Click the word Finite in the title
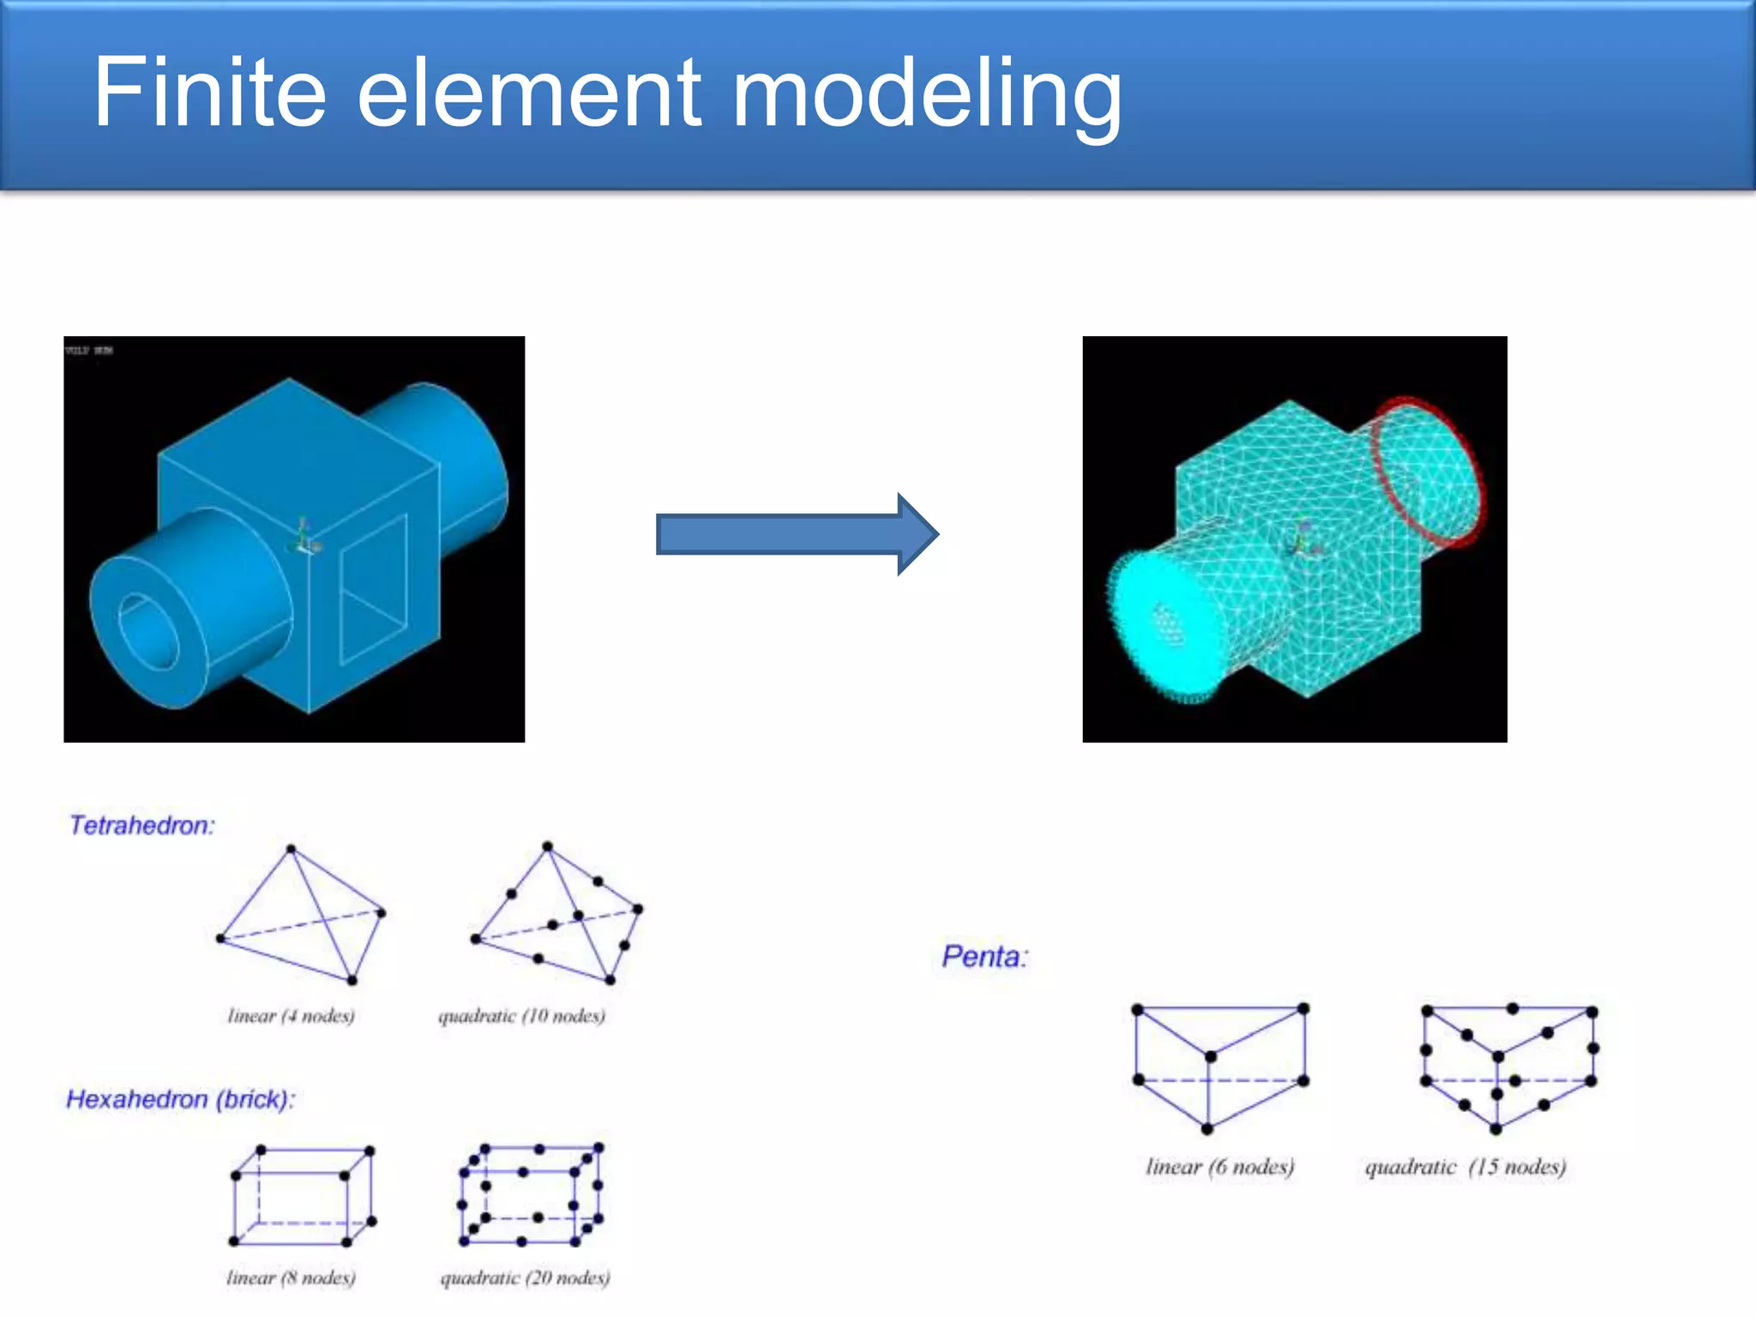[209, 92]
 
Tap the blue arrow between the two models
[797, 533]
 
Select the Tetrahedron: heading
[141, 825]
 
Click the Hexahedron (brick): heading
[180, 1099]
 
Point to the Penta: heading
[984, 956]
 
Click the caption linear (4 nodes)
[291, 1016]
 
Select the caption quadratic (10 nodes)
[521, 1016]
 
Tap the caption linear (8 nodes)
[291, 1278]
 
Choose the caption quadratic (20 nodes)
[525, 1278]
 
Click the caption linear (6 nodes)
[1220, 1167]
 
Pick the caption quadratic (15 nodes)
[1465, 1167]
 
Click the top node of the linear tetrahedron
[292, 849]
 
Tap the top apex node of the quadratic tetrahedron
[548, 846]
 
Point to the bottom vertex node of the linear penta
[1207, 1129]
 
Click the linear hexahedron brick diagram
[302, 1195]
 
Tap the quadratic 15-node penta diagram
[1509, 1067]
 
